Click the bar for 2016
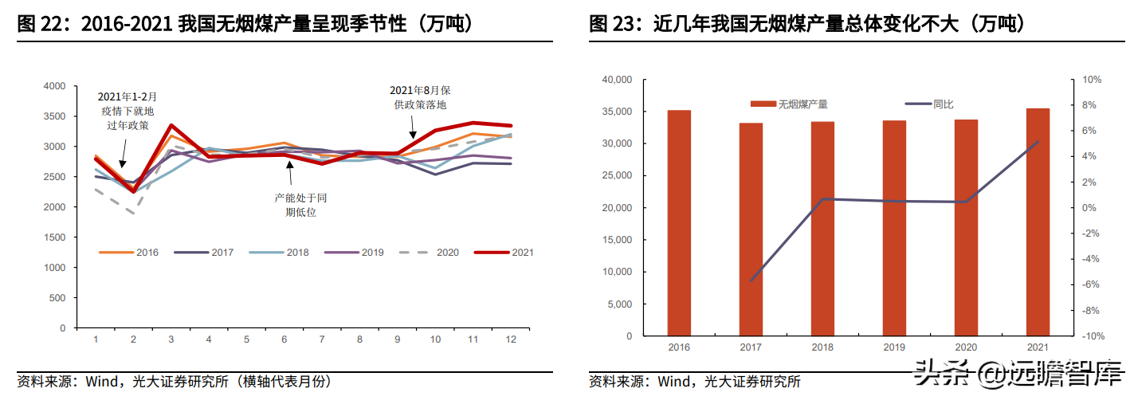pos(679,222)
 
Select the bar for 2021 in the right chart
pos(1038,222)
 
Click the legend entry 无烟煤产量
pos(789,104)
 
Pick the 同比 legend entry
pos(931,104)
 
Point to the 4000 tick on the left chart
pos(54,86)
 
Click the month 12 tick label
pos(511,339)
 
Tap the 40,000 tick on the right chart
pos(616,80)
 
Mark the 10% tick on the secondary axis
pos(1092,80)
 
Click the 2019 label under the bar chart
pos(894,348)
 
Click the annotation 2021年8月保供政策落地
pos(421,97)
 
